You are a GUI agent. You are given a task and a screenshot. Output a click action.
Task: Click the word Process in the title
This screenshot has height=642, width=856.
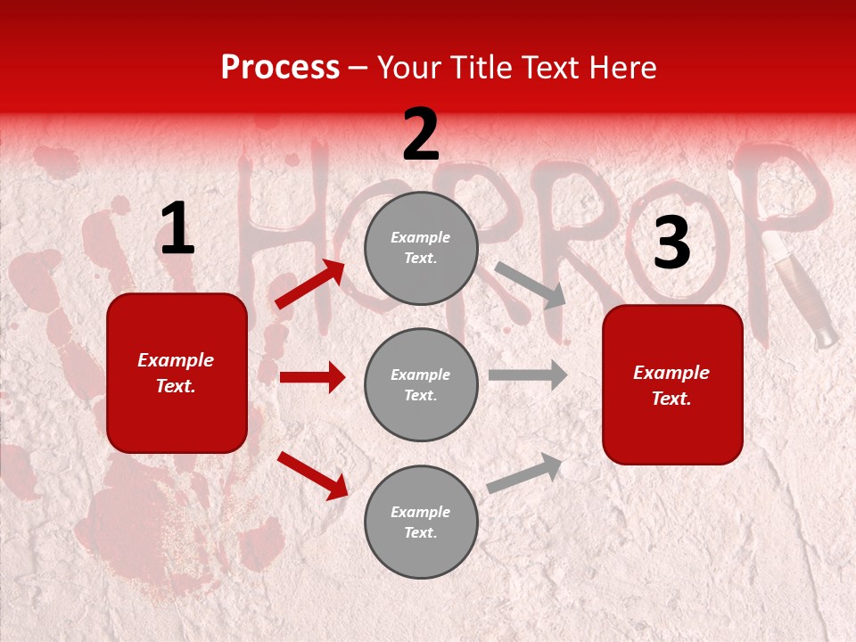(280, 68)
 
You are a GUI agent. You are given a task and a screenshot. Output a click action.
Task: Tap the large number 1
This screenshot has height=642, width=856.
(177, 229)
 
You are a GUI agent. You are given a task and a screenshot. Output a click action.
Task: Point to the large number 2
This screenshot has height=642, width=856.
(421, 135)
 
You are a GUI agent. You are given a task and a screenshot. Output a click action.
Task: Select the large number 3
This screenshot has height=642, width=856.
(671, 243)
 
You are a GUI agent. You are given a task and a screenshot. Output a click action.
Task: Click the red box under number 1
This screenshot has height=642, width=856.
(177, 373)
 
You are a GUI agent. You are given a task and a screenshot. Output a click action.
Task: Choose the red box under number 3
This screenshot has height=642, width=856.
(672, 384)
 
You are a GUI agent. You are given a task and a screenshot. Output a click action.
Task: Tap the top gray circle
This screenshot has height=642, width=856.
(421, 247)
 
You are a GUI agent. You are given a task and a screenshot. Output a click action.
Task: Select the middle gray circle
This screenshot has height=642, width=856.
(421, 384)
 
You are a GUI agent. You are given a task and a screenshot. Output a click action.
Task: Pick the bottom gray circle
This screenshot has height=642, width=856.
(421, 522)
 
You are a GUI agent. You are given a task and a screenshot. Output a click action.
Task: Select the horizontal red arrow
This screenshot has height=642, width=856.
(312, 377)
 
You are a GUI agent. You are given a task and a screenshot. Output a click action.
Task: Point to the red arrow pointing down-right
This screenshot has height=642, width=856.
(313, 475)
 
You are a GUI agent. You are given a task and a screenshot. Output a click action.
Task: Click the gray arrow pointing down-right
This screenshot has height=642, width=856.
(531, 285)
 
